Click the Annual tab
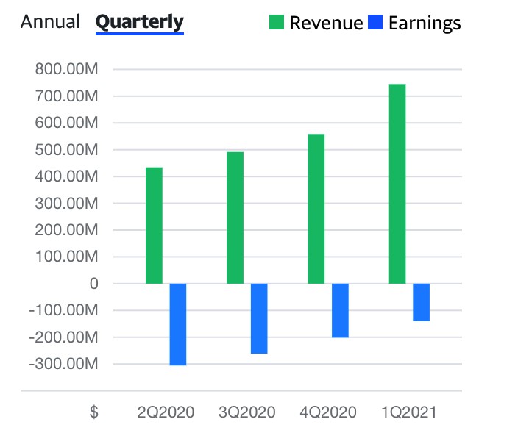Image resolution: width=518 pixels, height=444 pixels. (50, 21)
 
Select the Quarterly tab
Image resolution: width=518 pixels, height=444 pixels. (139, 21)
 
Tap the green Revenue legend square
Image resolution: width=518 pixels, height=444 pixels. (277, 23)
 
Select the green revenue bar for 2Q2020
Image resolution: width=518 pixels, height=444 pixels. (154, 226)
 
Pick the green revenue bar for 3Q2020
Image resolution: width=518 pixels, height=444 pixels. (235, 218)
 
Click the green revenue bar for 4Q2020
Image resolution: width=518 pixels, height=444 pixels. (316, 209)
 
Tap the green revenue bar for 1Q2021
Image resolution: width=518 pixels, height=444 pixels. (397, 184)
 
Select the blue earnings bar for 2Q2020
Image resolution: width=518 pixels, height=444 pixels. (178, 324)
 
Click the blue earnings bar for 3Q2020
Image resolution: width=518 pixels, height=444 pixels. (259, 318)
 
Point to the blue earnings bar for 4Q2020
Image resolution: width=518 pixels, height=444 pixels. (340, 310)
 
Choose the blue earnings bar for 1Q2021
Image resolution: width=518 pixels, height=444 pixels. (421, 302)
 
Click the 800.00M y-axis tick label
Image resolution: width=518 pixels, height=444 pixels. (66, 70)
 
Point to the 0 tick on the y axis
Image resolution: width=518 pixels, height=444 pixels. (94, 284)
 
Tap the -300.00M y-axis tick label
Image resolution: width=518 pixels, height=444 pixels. (63, 364)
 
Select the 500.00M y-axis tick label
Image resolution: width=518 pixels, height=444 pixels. (66, 150)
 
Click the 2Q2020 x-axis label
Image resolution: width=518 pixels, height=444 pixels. (166, 412)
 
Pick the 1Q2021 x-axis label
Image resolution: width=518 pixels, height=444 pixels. (409, 412)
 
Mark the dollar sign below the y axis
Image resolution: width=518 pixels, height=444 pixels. (93, 412)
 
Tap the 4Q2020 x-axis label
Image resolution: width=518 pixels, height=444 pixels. (328, 412)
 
